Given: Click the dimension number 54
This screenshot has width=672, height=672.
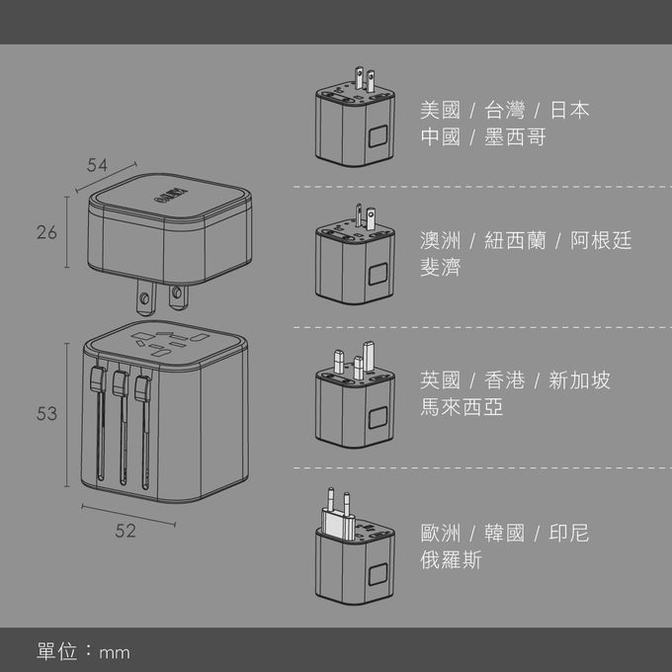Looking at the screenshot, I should click(x=97, y=166).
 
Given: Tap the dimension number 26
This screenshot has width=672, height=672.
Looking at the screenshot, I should click(x=46, y=232).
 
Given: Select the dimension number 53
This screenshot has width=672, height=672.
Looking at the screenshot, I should click(x=46, y=414).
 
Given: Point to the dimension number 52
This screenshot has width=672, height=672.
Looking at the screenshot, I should click(x=125, y=531).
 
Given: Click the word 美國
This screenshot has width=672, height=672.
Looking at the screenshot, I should click(x=440, y=110).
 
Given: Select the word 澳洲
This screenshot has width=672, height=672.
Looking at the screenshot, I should click(x=440, y=240).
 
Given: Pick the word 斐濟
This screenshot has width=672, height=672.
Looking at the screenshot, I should click(x=440, y=268).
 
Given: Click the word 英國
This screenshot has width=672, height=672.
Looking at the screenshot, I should click(x=440, y=379).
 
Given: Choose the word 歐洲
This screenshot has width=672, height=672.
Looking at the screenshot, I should click(x=440, y=534).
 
